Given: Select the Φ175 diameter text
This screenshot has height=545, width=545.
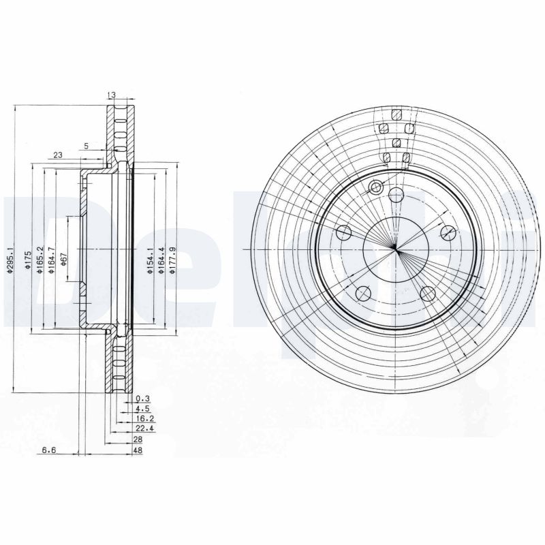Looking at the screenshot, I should (x=28, y=261).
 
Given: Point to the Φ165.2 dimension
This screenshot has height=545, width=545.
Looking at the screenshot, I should (x=40, y=260).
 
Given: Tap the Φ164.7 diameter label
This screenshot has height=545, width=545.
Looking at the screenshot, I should (x=51, y=260).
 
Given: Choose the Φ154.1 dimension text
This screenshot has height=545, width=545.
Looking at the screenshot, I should (x=151, y=260).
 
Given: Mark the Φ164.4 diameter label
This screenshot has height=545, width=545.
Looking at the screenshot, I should (x=161, y=260).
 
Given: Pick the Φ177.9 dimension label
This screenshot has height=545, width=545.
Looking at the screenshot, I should (x=172, y=260).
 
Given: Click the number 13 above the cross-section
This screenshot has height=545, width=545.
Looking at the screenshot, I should (x=112, y=95).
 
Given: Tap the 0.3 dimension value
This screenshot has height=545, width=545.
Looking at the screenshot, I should (x=142, y=398).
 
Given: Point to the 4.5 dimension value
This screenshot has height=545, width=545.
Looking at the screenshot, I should (x=142, y=409).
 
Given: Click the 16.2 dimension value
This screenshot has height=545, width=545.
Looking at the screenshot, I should (x=144, y=420).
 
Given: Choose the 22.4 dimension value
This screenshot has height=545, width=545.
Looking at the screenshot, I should (x=144, y=430).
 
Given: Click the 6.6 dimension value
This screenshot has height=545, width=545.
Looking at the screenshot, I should (x=48, y=450).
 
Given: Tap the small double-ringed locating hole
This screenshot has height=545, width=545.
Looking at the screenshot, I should (x=375, y=187).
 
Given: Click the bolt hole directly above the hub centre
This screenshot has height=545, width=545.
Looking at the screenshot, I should (x=396, y=195).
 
